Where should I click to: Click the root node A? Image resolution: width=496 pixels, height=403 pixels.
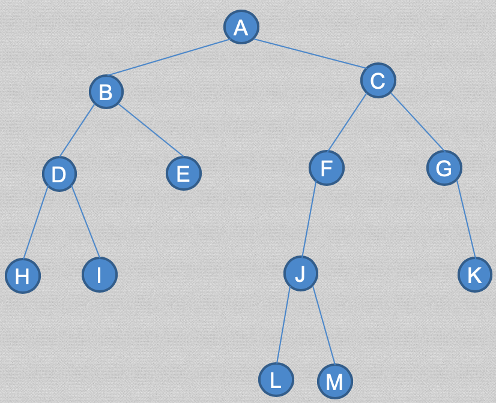[241, 27]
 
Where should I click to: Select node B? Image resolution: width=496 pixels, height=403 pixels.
[106, 92]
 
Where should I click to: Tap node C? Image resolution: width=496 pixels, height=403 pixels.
[378, 80]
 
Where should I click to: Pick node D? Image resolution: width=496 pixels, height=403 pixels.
[59, 175]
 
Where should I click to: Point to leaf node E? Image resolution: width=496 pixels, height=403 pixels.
[184, 173]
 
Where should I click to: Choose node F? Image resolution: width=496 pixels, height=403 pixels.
[327, 168]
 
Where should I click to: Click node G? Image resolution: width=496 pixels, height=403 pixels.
[444, 168]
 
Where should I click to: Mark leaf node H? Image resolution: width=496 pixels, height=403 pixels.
[23, 276]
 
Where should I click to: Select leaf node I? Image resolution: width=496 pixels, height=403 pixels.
[100, 275]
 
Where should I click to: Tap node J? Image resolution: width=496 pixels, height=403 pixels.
[301, 273]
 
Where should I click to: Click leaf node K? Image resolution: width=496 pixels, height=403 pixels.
[475, 275]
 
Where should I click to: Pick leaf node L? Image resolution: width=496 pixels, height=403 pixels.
[276, 380]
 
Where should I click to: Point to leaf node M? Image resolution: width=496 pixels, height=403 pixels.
[335, 381]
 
